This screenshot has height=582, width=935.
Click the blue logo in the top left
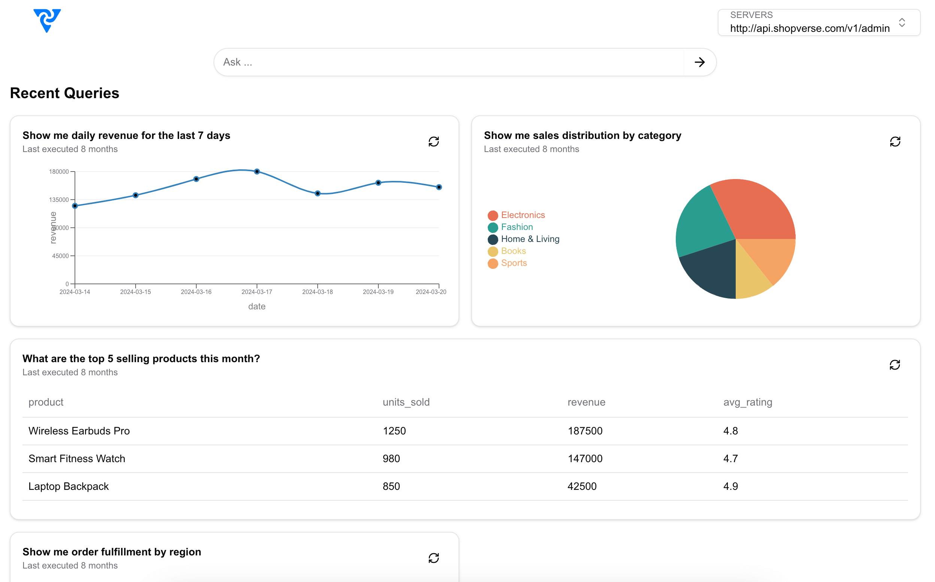tap(47, 20)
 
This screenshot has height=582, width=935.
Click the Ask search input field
tap(448, 62)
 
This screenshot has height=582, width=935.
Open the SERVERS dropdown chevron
tap(902, 23)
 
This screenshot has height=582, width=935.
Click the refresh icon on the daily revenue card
tap(433, 142)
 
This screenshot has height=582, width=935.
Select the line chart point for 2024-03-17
tap(257, 172)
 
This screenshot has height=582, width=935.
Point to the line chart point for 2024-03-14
tap(75, 206)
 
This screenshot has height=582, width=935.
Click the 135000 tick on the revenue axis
tap(59, 200)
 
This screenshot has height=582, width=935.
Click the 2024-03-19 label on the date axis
tap(378, 292)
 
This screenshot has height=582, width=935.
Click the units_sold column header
tap(406, 402)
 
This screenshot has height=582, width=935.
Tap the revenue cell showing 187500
tap(585, 431)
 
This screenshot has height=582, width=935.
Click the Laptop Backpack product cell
tap(69, 486)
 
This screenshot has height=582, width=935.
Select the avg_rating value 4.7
tap(730, 459)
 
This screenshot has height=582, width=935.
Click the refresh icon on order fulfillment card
tap(433, 558)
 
